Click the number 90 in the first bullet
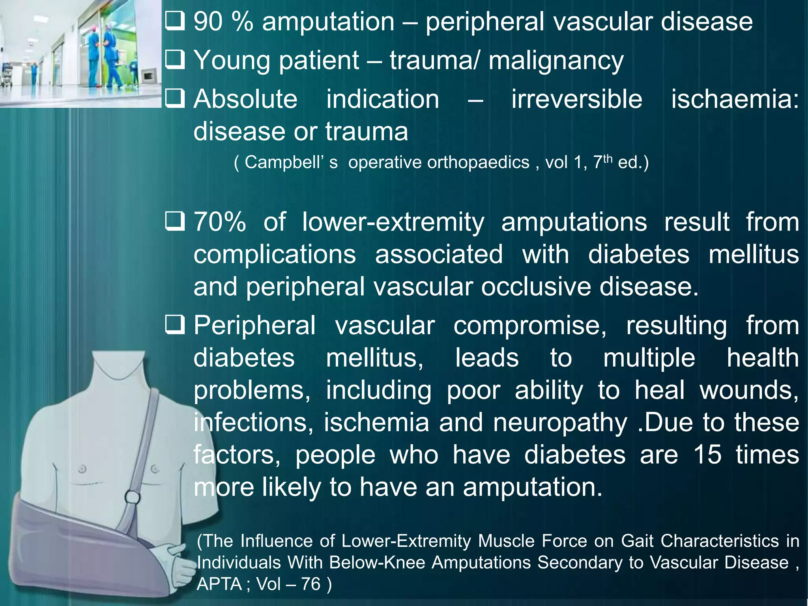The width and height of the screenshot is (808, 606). (x=208, y=22)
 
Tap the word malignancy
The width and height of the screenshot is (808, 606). (x=556, y=61)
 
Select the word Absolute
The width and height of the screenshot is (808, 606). (x=245, y=99)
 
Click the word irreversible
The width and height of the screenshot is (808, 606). (x=577, y=99)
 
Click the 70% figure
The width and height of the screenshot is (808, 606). (x=220, y=222)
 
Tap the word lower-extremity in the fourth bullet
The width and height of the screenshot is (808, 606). (x=393, y=222)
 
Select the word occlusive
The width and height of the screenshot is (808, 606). (x=536, y=287)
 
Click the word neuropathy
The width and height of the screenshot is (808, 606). (x=560, y=423)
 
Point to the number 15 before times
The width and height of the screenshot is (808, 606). (x=707, y=455)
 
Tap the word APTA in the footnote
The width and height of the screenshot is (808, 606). (x=219, y=584)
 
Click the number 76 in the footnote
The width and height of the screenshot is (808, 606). (x=310, y=584)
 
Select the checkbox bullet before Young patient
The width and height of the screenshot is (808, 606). (x=175, y=60)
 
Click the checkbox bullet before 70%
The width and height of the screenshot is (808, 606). (x=175, y=221)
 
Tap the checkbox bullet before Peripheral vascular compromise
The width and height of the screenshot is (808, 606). (x=175, y=325)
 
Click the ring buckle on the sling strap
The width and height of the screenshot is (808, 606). (x=133, y=497)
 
